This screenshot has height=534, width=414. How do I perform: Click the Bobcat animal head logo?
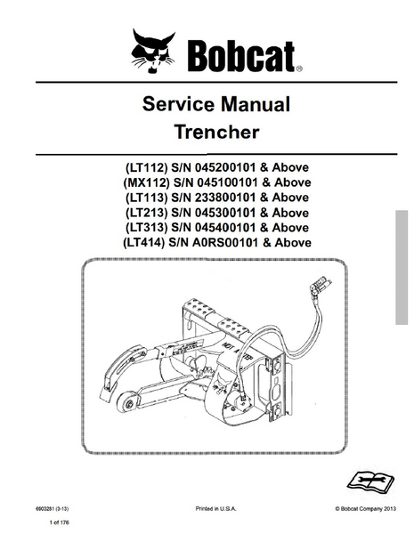153,51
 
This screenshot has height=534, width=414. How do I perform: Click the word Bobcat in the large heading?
241,56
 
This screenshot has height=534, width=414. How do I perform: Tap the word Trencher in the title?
217,132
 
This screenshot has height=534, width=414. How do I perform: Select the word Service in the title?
178,104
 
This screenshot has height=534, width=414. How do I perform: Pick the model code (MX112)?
146,182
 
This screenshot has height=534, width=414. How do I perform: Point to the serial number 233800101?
225,198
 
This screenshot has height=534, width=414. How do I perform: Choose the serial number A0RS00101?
225,242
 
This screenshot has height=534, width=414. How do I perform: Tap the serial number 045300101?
225,213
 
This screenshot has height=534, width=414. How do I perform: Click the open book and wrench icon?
370,481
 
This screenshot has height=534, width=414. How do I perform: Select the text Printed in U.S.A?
216,509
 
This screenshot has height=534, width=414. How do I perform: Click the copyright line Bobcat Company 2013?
366,509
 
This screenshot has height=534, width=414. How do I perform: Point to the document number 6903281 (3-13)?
52,509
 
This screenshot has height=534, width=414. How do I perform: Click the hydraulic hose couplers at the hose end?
320,285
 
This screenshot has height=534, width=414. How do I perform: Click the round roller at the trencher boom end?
129,404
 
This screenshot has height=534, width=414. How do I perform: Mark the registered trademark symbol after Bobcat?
299,69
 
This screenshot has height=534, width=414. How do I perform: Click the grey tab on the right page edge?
402,267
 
